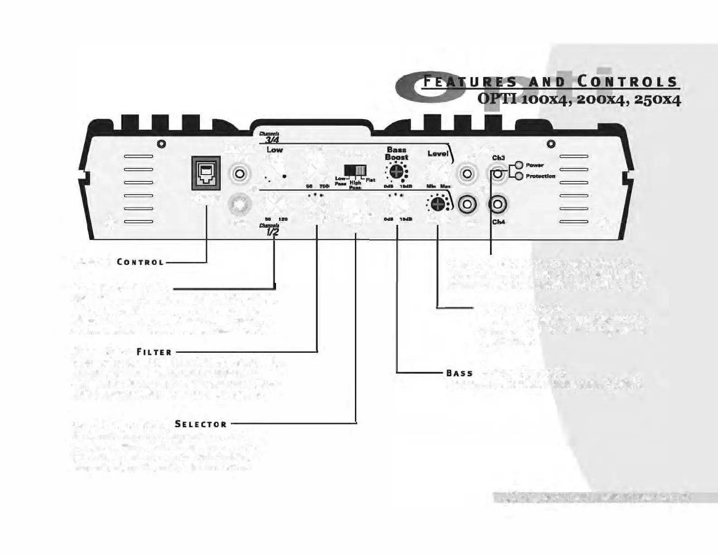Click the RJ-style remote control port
206,173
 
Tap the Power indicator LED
519,166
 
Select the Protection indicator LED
519,176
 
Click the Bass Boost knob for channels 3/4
396,172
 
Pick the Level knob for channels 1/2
437,204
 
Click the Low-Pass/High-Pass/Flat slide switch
355,170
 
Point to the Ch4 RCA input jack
498,204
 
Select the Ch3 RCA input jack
498,173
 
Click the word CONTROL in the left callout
140,262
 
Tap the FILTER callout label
155,352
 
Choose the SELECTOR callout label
201,424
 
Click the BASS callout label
460,374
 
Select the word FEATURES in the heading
470,82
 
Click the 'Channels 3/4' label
270,137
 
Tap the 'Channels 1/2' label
270,230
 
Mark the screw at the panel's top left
161,144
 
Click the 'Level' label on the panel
437,154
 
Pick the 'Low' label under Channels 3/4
274,150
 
